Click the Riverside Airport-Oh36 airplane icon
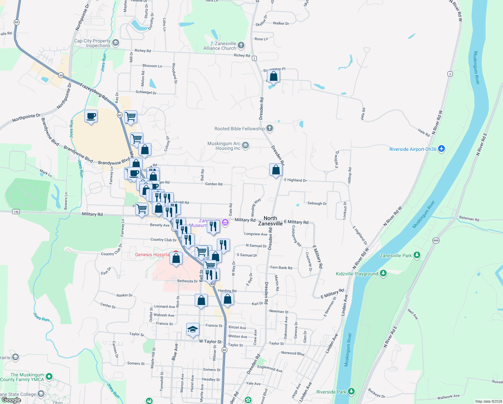coord(441,149)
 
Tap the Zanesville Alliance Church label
coord(220,46)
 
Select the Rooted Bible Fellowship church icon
coord(270,128)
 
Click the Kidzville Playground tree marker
coord(383,273)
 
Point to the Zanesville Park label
coord(395,256)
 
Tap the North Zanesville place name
coord(270,221)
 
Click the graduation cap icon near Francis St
coord(193,329)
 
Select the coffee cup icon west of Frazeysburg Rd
coord(91,116)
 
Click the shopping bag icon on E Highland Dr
coord(276,170)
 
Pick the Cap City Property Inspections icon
coord(116,43)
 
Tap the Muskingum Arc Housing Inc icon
coord(245,145)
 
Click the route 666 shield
coord(436,240)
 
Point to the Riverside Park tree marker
coord(351,391)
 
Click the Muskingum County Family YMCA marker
coord(49,376)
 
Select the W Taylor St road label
coord(210,341)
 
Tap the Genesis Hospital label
coord(152,255)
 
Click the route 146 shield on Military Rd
coord(16,212)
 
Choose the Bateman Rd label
coord(469,218)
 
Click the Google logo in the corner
coord(11,400)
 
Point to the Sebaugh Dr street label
coord(317,203)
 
